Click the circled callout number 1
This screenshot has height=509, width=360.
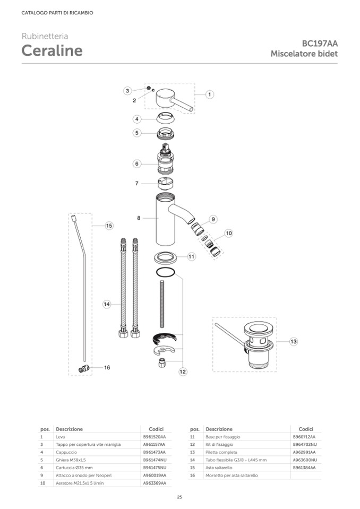(x=209, y=94)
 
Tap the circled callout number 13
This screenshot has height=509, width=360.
(x=294, y=341)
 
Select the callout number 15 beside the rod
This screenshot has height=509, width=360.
(x=109, y=226)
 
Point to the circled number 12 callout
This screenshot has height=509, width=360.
(x=183, y=372)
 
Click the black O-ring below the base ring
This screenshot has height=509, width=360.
(x=165, y=272)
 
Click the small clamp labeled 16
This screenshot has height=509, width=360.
(x=84, y=368)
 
